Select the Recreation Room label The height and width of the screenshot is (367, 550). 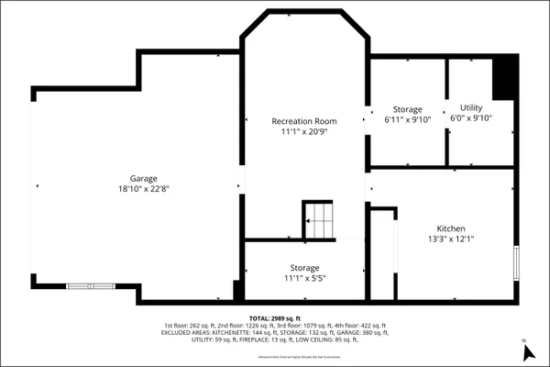pyautogui.click(x=303, y=121)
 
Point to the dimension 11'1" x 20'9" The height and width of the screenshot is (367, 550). pyautogui.click(x=303, y=133)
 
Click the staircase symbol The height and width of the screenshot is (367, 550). pyautogui.click(x=321, y=220)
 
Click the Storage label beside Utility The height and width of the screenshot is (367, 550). pyautogui.click(x=407, y=109)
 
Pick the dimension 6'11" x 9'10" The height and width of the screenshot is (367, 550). pyautogui.click(x=407, y=120)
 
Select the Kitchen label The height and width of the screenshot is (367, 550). pyautogui.click(x=450, y=228)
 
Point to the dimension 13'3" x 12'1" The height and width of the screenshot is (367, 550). pyautogui.click(x=450, y=239)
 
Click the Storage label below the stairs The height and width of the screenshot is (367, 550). pyautogui.click(x=304, y=268)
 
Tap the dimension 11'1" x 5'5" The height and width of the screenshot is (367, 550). pyautogui.click(x=304, y=279)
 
